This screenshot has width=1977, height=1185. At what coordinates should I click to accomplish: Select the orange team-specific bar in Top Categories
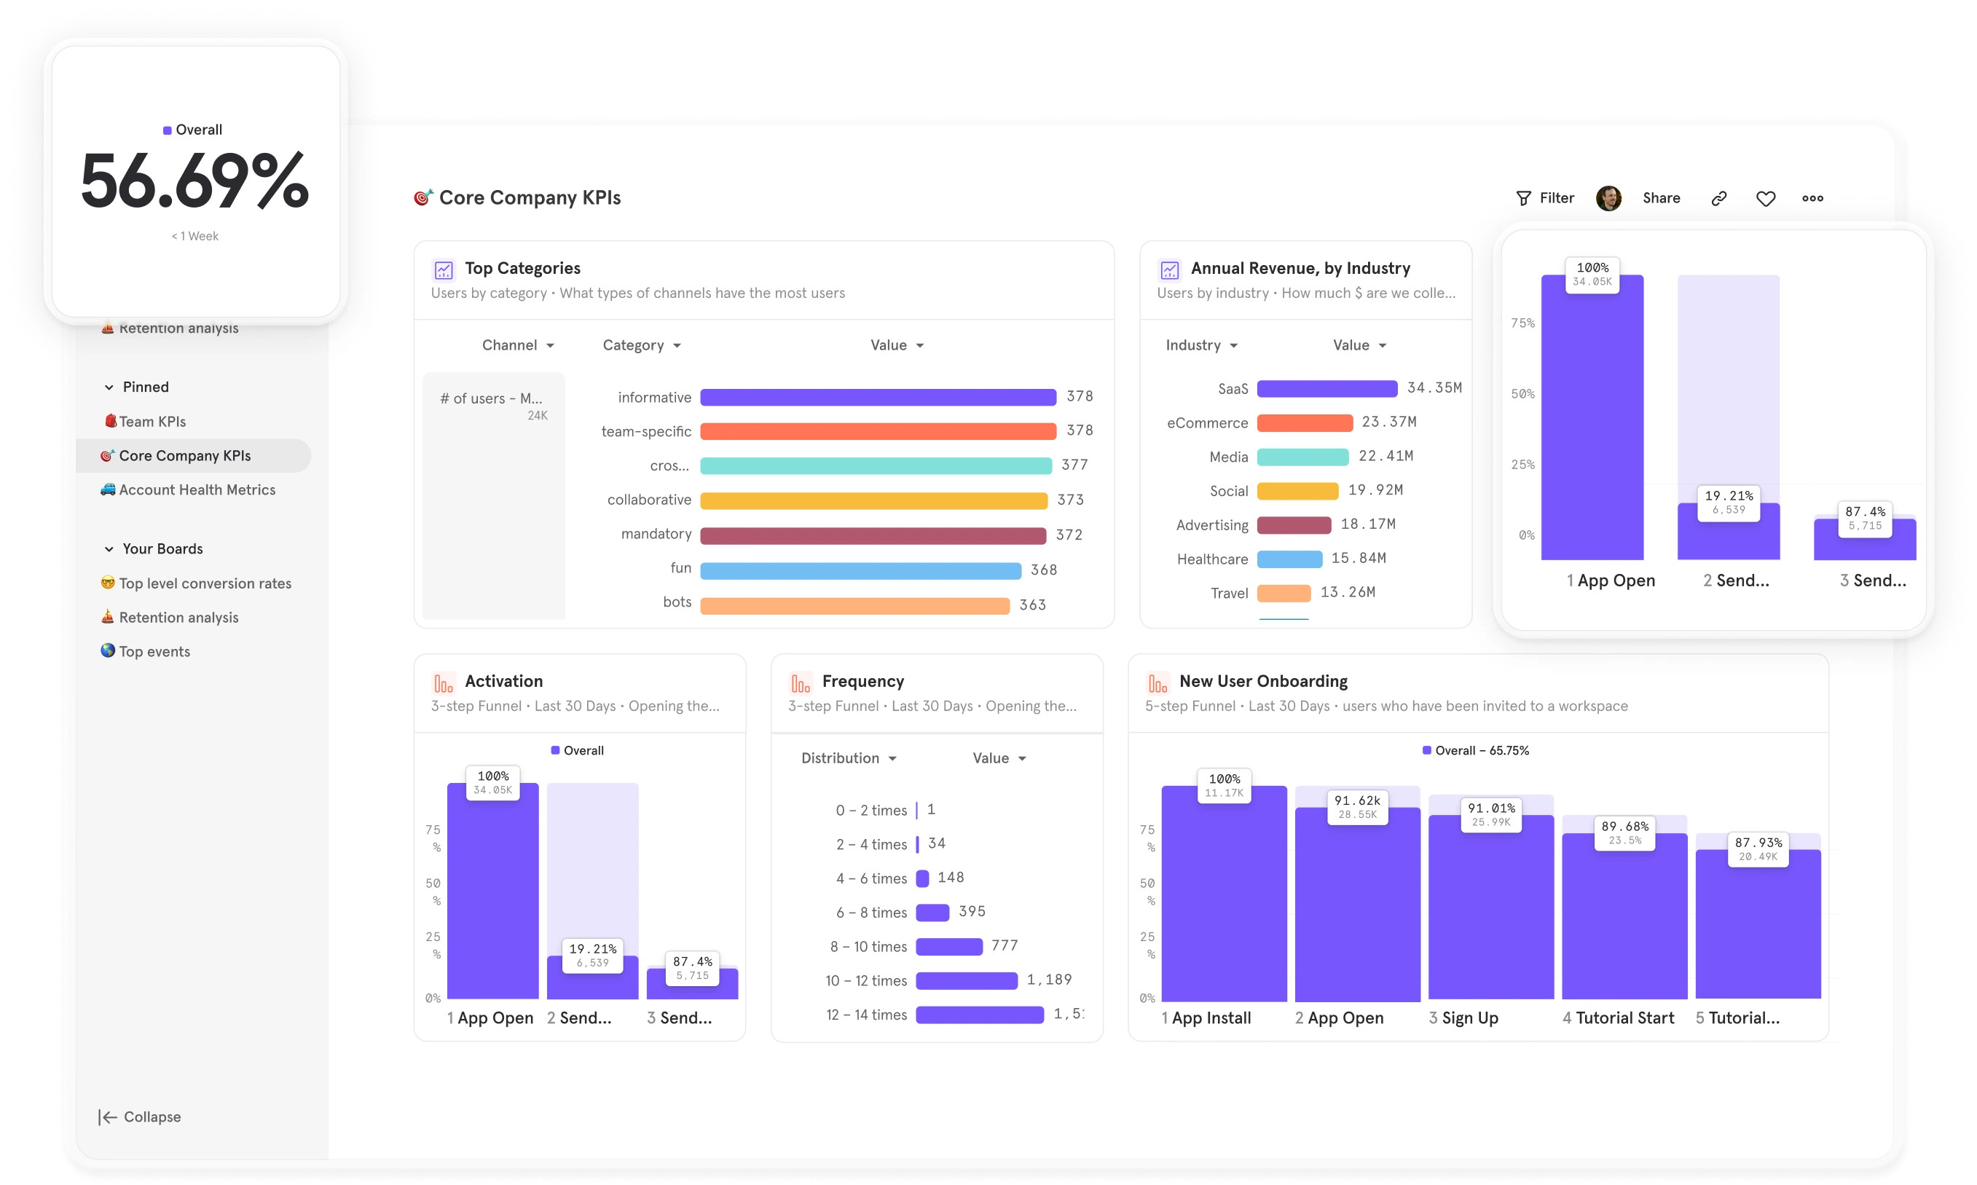click(878, 431)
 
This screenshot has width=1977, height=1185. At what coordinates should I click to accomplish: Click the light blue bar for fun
click(860, 570)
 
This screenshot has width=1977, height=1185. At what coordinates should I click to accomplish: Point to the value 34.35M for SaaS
click(1434, 387)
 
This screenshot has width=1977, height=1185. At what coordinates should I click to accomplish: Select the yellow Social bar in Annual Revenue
click(1297, 490)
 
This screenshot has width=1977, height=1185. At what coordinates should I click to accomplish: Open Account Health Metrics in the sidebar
click(197, 489)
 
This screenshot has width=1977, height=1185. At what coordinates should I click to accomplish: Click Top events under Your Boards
click(154, 652)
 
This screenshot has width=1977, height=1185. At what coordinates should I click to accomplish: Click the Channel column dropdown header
click(517, 345)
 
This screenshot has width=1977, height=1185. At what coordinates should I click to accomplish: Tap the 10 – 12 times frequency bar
click(966, 980)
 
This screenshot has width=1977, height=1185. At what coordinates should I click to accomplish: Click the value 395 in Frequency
click(972, 911)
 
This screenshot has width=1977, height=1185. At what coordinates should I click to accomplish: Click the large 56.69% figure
click(194, 182)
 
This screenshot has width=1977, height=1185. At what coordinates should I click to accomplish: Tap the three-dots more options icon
click(1812, 198)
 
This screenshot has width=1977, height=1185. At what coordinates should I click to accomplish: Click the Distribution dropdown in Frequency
click(848, 757)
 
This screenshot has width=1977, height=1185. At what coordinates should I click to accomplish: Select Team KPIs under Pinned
click(152, 422)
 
